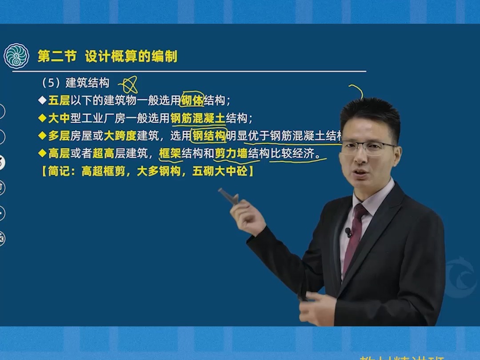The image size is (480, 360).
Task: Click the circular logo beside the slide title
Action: [x=16, y=56]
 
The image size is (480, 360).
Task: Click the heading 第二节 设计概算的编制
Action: [x=107, y=56]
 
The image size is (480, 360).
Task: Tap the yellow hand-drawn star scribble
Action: [x=128, y=84]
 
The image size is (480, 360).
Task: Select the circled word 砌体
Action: [x=192, y=100]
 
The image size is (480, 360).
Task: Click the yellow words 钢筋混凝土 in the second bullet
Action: [x=198, y=118]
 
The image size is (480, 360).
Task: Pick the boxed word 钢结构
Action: [x=208, y=136]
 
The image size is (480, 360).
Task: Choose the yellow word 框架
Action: [x=170, y=154]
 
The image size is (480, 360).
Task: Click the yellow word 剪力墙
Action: [x=231, y=154]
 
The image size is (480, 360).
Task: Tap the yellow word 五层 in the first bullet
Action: [x=59, y=100]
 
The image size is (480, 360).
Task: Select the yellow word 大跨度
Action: [x=120, y=136]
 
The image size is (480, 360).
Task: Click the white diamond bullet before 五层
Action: [x=42, y=100]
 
